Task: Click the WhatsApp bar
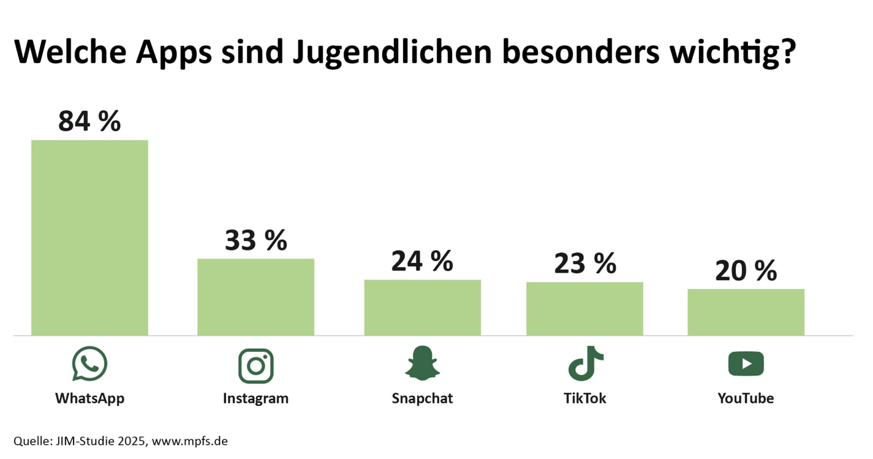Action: coord(89,238)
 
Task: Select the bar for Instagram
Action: coord(255,297)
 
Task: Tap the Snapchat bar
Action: coord(422,308)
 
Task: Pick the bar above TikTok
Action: coord(584,309)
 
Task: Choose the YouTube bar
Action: coord(746,312)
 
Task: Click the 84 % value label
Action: coord(89,121)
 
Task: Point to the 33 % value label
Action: coord(255,240)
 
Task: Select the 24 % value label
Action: coord(422,261)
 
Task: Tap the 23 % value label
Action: coord(584,264)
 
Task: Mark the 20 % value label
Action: coord(746,270)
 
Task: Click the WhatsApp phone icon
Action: coord(89,364)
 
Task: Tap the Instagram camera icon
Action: coord(255,366)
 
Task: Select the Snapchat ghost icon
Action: coord(422,363)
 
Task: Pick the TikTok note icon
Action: coord(585,363)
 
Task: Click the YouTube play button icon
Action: coord(746,364)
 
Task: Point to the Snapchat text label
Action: coord(422,398)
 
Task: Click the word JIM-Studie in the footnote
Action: coord(80,441)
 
